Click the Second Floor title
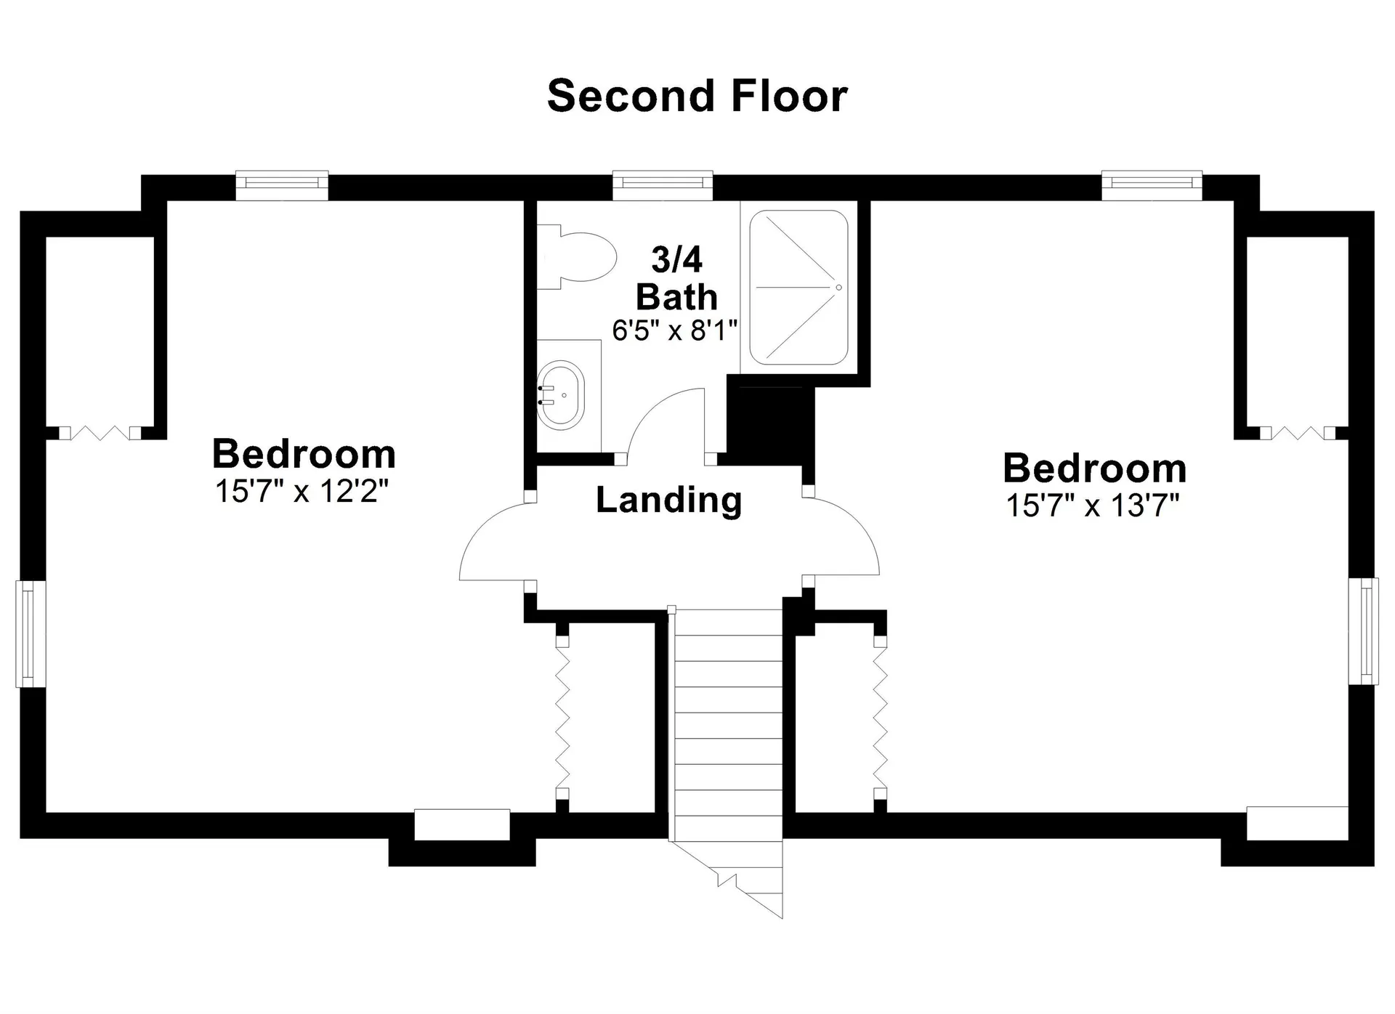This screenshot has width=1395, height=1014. pyautogui.click(x=697, y=96)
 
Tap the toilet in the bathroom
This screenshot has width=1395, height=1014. pyautogui.click(x=576, y=257)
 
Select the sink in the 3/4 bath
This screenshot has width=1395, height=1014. pyautogui.click(x=560, y=394)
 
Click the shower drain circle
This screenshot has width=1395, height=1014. pyautogui.click(x=838, y=288)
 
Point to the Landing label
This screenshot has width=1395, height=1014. pyautogui.click(x=668, y=500)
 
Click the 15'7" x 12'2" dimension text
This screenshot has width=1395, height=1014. pyautogui.click(x=302, y=492)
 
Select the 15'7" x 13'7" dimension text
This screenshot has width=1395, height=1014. pyautogui.click(x=1093, y=506)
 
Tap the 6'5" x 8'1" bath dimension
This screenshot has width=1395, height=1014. pyautogui.click(x=675, y=330)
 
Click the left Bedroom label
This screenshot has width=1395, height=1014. pyautogui.click(x=304, y=454)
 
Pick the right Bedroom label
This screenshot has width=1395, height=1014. pyautogui.click(x=1094, y=469)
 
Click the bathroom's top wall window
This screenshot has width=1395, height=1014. pyautogui.click(x=663, y=185)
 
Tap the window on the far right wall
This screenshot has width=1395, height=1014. pyautogui.click(x=1364, y=631)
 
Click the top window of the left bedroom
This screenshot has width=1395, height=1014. pyautogui.click(x=282, y=185)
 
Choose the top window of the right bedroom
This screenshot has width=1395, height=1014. pyautogui.click(x=1152, y=185)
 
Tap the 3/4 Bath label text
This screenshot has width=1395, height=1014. pyautogui.click(x=676, y=278)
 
